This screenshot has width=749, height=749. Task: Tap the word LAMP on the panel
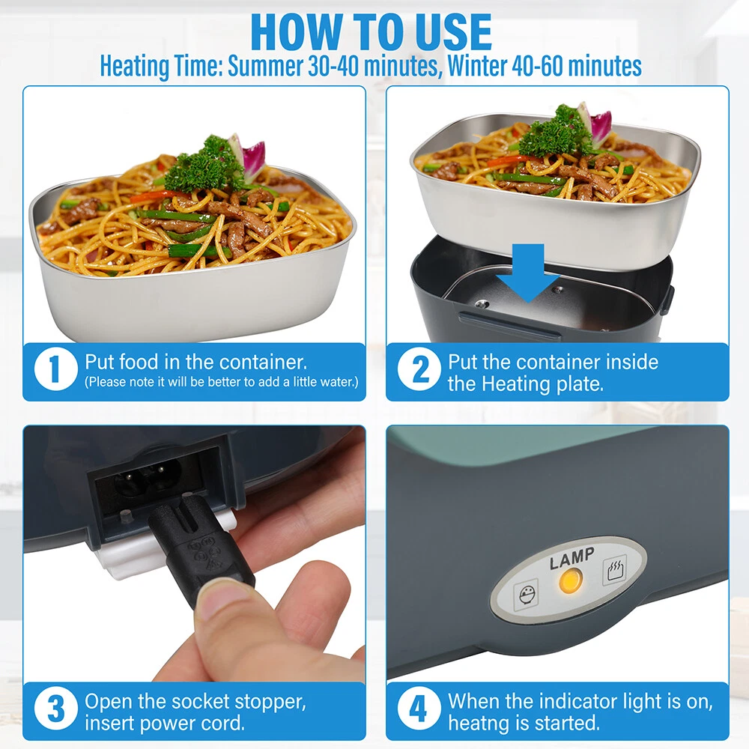(571, 559)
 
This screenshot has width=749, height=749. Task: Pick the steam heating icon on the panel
(615, 569)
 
